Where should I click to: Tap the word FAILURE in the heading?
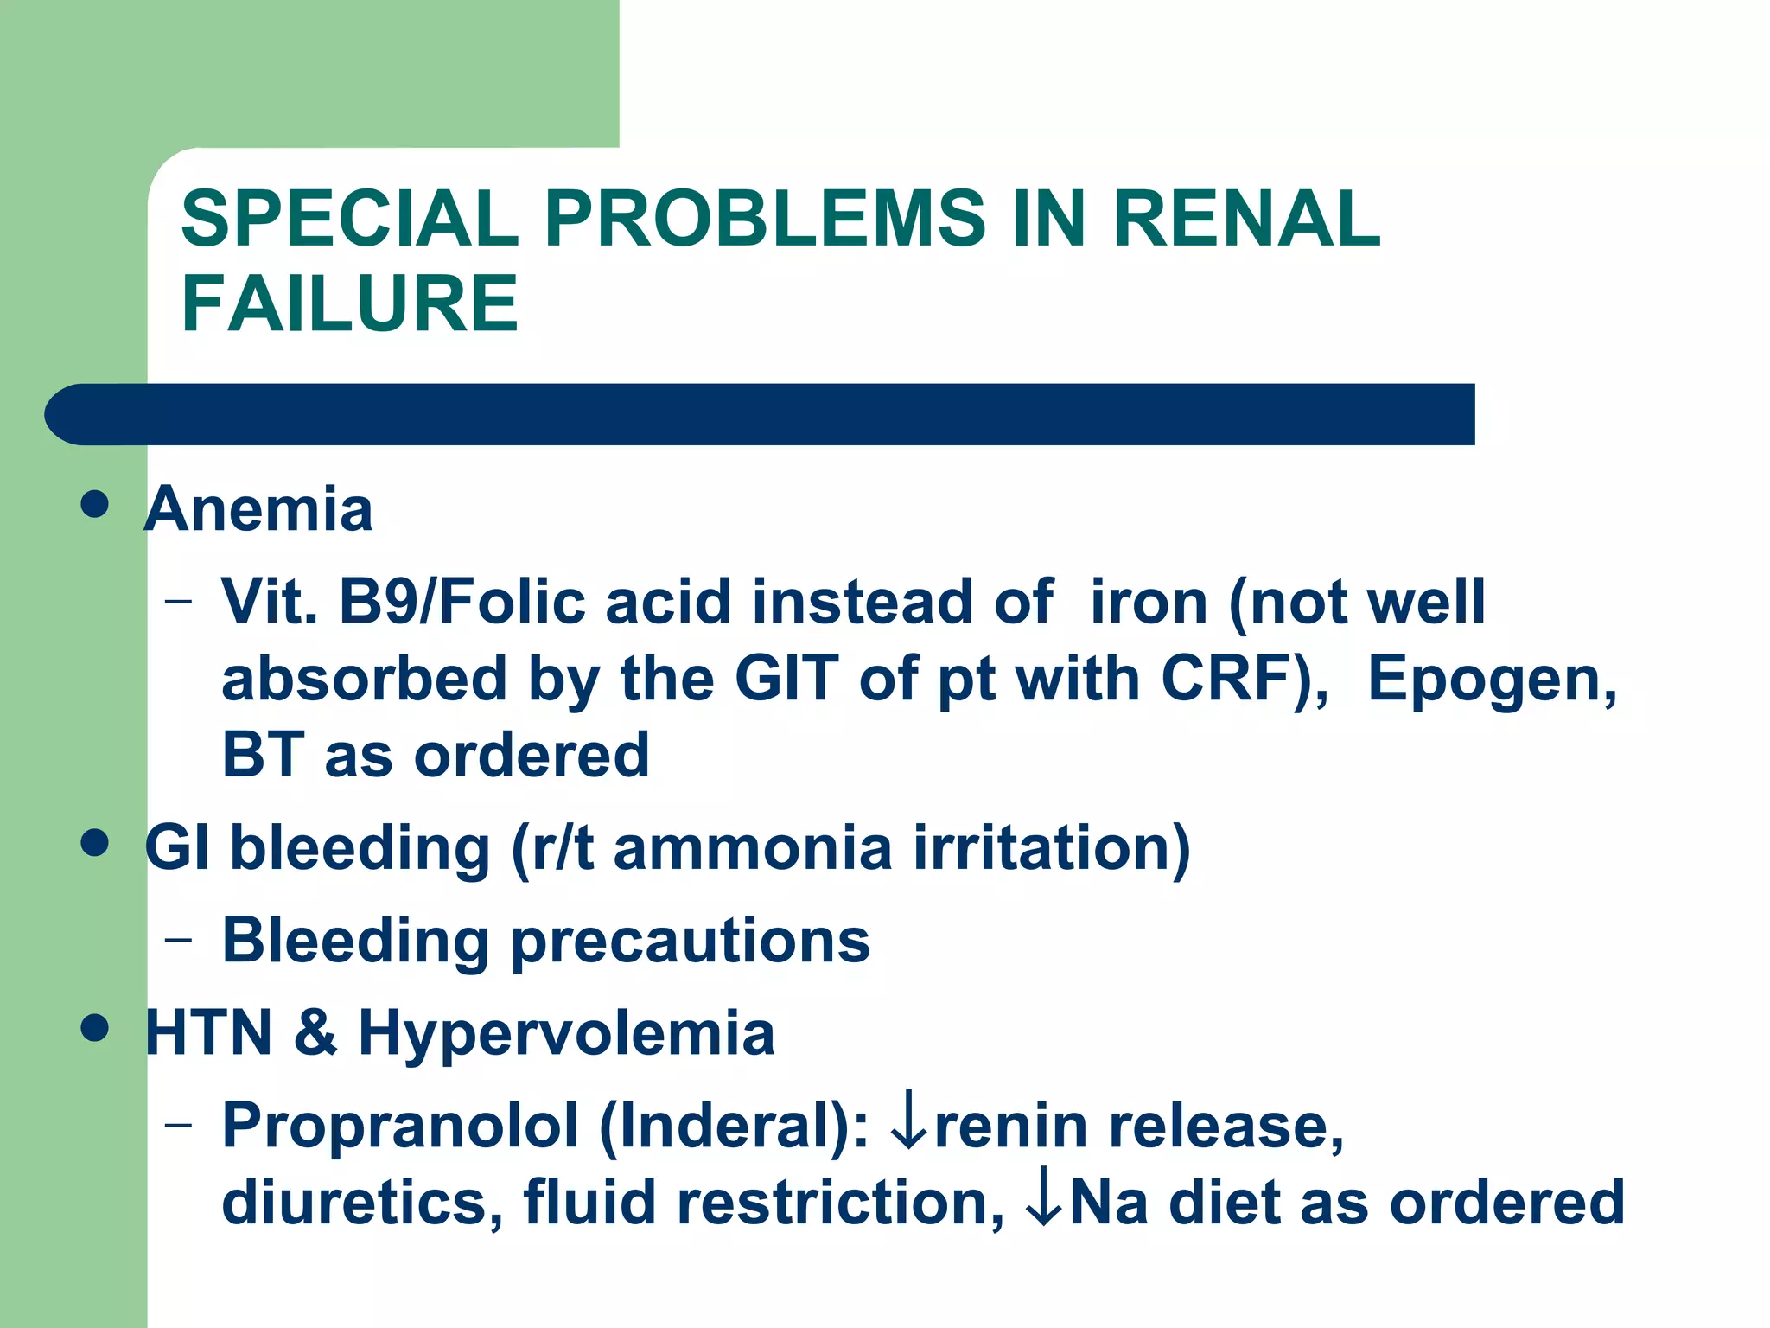point(350,303)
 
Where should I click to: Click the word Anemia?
point(258,509)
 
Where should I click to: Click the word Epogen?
point(1492,679)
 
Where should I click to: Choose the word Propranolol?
point(400,1126)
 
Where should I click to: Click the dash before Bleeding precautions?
point(179,941)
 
